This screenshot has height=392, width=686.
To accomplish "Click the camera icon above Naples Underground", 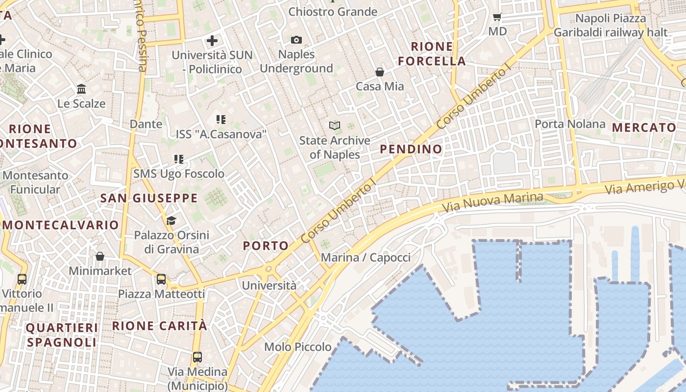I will point(296,40).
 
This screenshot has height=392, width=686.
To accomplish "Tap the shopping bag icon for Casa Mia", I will point(380,72).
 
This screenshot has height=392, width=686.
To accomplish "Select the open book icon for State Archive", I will point(335,126).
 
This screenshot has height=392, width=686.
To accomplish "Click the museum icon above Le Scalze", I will point(81,89).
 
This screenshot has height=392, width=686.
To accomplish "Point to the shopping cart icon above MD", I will point(497,17).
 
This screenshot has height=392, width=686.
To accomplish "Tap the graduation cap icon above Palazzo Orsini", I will point(171,221).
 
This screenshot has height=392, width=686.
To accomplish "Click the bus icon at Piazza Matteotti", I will point(161,279).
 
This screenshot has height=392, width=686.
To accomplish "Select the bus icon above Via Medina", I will point(197,357).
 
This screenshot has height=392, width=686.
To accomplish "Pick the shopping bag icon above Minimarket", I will point(100,256).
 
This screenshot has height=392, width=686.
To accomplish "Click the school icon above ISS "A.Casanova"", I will point(221,119).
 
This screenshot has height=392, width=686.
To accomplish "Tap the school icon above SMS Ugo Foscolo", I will point(179,159).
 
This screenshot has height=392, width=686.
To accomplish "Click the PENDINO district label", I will point(411,149).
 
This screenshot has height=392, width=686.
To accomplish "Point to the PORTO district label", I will point(266,246).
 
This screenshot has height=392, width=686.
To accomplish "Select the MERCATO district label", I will point(644,128).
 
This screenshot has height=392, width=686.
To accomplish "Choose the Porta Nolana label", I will point(570,124).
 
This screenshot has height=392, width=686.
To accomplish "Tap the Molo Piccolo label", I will point(298,347).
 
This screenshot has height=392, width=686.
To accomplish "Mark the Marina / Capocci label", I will point(366,257).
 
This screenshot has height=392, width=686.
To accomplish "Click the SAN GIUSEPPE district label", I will point(149,198).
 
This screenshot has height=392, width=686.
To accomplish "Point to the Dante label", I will point(146,124).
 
